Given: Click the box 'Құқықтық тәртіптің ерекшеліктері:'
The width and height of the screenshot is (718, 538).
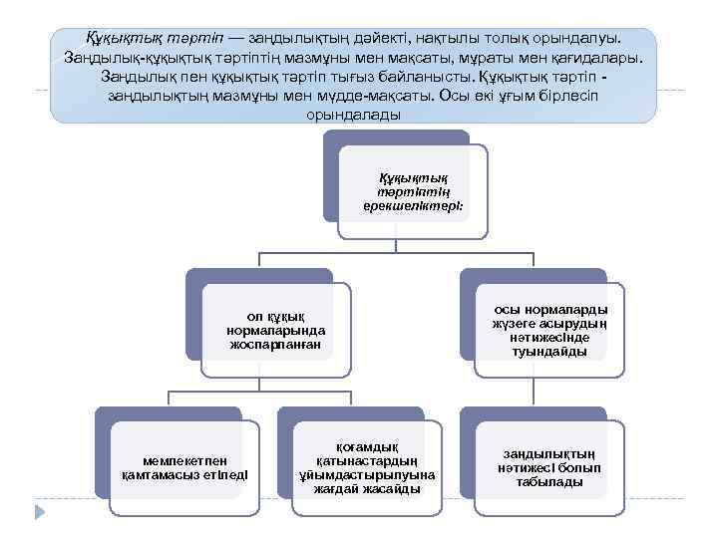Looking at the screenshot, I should (413, 192).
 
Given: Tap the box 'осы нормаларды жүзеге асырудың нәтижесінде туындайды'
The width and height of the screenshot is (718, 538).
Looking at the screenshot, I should (549, 330).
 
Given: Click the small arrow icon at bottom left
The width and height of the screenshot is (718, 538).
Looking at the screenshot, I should (41, 511).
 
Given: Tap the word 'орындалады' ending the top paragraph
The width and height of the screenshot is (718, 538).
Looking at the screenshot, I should (355, 114).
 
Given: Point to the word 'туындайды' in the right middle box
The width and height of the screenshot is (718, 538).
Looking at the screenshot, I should (549, 351).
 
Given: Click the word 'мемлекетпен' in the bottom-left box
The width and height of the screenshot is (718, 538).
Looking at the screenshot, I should (184, 460).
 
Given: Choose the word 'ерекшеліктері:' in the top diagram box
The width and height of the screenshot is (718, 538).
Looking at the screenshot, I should (413, 206).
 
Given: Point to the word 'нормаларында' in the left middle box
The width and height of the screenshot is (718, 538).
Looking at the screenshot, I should (276, 330).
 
